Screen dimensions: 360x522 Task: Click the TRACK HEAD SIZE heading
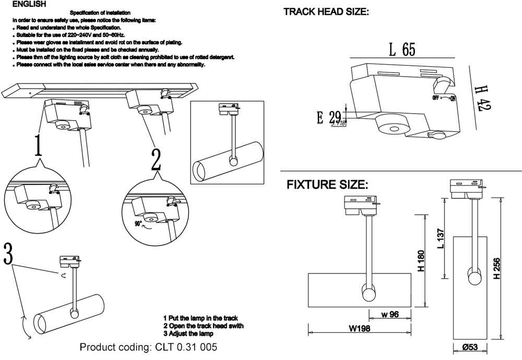pos(326,12)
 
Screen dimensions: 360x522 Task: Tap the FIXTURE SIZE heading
pos(327,185)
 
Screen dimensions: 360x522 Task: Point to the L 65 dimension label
pos(402,50)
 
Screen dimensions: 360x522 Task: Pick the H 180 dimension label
pos(421,261)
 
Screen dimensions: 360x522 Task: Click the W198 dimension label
pos(360,329)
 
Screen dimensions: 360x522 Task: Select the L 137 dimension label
pos(440,238)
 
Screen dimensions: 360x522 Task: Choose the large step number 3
pos(8,255)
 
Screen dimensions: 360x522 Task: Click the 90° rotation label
pos(138,223)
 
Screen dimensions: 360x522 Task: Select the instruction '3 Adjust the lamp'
pos(188,333)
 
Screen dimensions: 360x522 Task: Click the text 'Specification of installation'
pos(100,12)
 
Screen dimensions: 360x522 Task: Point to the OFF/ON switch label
pos(444,98)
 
